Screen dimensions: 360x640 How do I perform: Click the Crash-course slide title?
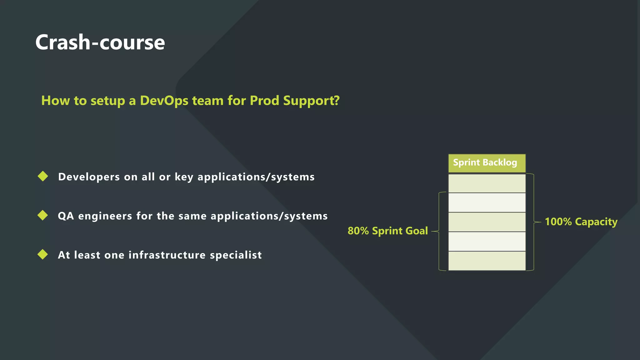tap(100, 42)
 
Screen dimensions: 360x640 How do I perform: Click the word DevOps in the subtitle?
tap(164, 101)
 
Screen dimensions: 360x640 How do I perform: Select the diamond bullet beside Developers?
tap(43, 176)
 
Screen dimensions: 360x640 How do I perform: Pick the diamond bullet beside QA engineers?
tap(42, 215)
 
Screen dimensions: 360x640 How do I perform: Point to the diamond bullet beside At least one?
tap(42, 254)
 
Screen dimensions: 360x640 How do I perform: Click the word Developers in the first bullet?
tap(89, 177)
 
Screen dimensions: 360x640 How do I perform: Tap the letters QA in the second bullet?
tap(66, 216)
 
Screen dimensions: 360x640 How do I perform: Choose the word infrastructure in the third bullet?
tap(167, 255)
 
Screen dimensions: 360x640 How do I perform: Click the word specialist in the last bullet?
tap(236, 255)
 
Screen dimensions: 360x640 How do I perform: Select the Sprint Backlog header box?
tap(487, 163)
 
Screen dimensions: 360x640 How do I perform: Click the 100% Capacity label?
tap(581, 222)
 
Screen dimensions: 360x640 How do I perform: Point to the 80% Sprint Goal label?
tap(387, 231)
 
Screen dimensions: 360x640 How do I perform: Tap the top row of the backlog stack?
tap(487, 183)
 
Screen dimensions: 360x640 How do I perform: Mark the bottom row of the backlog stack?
tap(487, 261)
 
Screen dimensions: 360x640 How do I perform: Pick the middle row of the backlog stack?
tap(487, 222)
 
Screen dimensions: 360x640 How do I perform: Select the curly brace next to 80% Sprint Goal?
tap(439, 231)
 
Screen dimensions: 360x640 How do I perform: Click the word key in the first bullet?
tap(184, 177)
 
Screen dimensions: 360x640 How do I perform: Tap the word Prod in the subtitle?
tap(264, 101)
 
